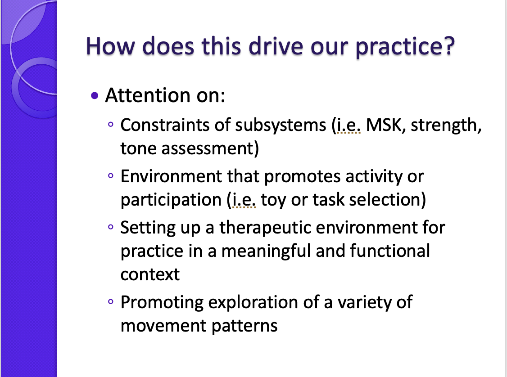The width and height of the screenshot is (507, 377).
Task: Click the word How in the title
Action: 110,46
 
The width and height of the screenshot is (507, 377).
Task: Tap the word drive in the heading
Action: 276,46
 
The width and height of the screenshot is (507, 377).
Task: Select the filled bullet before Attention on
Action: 95,95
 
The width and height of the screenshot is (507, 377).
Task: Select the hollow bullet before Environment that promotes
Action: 111,176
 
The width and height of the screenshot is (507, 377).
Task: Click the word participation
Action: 171,200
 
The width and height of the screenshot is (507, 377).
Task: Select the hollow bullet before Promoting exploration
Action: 111,301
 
